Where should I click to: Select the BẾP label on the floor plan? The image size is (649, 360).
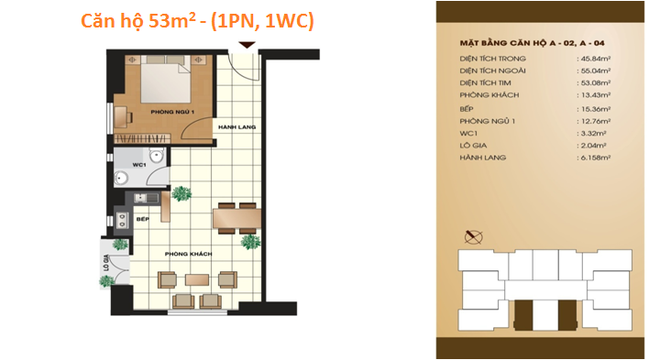(x=142, y=220)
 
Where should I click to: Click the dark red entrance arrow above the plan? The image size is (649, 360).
(x=244, y=46)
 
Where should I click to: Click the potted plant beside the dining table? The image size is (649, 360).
(x=248, y=242)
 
